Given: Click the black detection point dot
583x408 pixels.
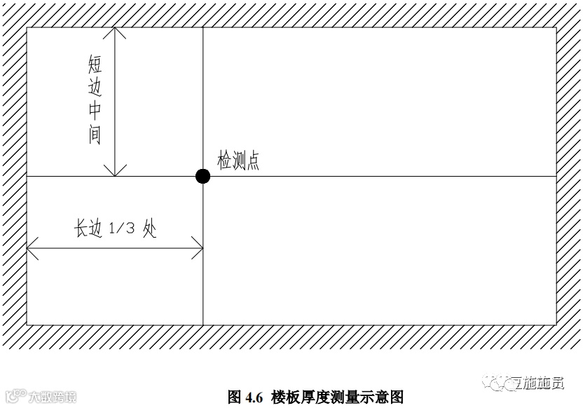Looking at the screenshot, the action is (x=203, y=176).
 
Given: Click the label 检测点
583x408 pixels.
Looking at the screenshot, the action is (x=238, y=162).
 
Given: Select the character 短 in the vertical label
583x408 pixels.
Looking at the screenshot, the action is (x=95, y=66).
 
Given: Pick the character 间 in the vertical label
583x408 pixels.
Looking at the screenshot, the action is (x=95, y=135).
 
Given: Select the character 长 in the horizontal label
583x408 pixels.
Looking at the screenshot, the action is (x=83, y=229).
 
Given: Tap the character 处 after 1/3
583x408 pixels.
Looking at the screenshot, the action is (x=149, y=229).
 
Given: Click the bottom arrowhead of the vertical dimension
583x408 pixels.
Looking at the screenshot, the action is (x=115, y=171).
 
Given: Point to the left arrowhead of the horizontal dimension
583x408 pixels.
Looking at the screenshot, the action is (x=32, y=248).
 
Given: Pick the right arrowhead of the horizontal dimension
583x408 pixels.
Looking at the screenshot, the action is (x=198, y=248).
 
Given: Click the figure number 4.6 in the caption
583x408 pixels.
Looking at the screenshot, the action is (x=253, y=397).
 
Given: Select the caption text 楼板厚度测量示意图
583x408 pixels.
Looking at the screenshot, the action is (x=337, y=397).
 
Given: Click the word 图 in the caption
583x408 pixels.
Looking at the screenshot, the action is (x=235, y=397).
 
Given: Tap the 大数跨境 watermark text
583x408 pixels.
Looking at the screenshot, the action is (x=52, y=397).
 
